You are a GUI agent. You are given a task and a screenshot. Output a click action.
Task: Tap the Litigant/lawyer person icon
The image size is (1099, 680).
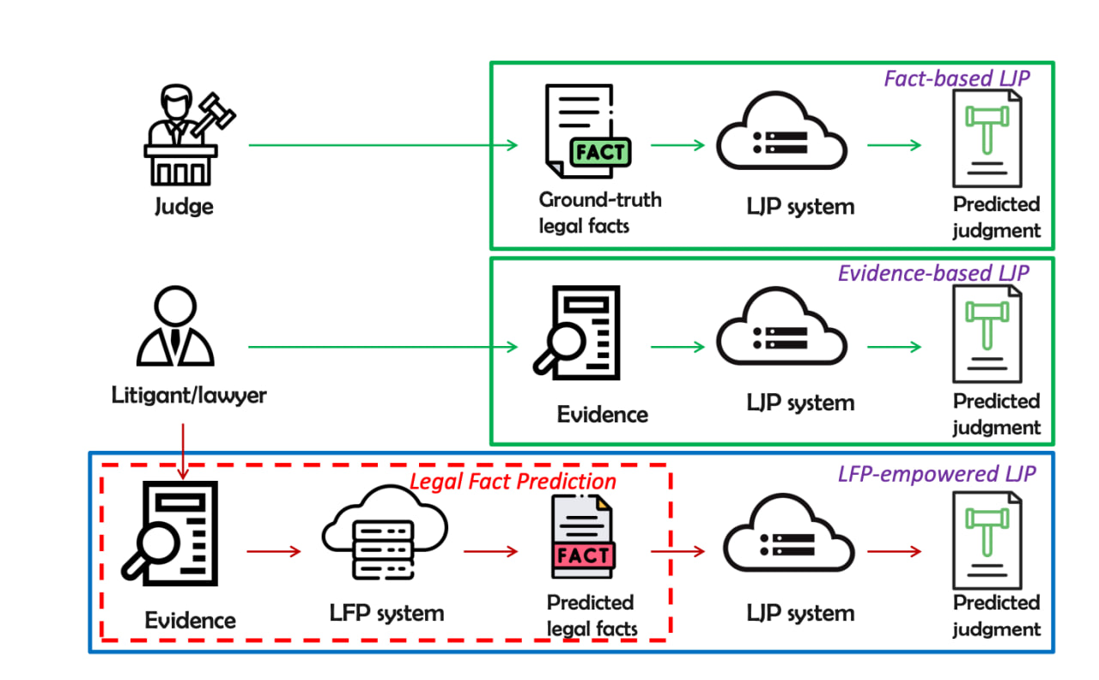[175, 328]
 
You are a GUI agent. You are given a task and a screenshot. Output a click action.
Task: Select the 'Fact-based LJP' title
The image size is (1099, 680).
[956, 78]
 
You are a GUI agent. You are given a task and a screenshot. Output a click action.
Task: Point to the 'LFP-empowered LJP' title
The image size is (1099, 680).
[936, 473]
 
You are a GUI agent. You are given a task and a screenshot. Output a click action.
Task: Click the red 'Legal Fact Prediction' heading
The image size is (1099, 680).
[513, 482]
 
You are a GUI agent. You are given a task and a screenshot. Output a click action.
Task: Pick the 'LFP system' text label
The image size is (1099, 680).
[386, 613]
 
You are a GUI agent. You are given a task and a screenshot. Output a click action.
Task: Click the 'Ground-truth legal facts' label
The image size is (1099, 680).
[599, 213]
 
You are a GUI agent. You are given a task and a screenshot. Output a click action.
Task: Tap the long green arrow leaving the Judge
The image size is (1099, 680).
[383, 145]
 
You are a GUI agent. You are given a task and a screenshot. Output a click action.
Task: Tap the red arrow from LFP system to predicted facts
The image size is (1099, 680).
[491, 551]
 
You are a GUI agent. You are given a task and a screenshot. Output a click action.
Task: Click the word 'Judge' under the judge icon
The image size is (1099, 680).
[184, 207]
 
